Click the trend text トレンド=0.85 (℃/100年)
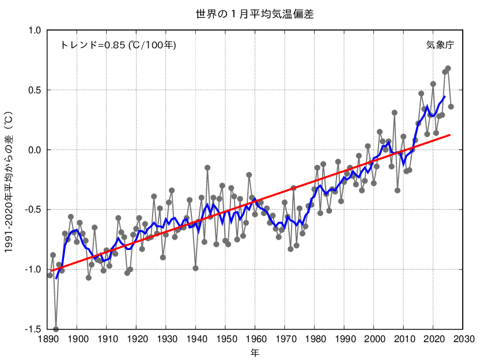click(118, 45)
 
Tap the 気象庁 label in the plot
click(440, 45)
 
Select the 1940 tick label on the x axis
click(196, 339)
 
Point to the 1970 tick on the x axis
click(285, 339)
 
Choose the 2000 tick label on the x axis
click(375, 339)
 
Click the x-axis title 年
click(255, 352)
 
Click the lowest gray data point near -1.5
click(56, 329)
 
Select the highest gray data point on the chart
click(448, 69)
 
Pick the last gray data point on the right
click(451, 107)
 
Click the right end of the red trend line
click(451, 134)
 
